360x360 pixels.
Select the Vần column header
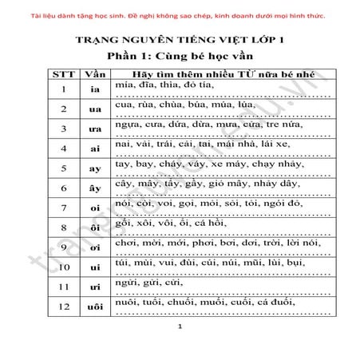pos(95,73)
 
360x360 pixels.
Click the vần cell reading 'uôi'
pos(95,307)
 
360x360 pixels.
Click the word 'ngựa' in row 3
pos(128,125)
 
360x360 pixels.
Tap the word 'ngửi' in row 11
pos(126,283)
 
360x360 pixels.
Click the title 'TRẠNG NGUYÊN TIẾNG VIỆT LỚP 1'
pos(180,40)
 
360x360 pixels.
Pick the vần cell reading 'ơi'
pos(95,248)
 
